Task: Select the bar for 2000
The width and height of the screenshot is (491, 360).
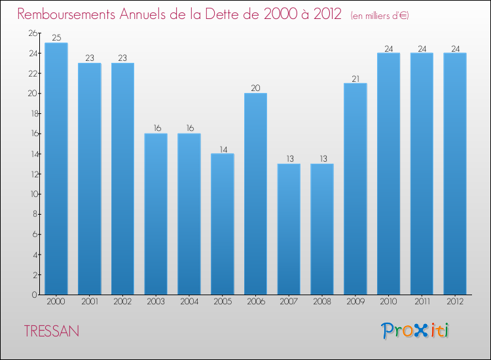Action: point(56,169)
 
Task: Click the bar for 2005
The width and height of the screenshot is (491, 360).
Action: point(223,224)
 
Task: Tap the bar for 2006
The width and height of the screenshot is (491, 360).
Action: point(255,194)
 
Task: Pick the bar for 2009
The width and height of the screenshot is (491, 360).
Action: point(355,189)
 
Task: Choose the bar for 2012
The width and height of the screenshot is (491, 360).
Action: point(454,173)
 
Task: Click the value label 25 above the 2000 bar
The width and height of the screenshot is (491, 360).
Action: point(56,38)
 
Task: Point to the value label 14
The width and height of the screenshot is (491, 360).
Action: point(223,149)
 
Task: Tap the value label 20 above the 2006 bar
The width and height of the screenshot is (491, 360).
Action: point(255,88)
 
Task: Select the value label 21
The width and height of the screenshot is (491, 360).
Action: point(355,79)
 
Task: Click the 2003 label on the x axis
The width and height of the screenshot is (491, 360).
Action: point(156,302)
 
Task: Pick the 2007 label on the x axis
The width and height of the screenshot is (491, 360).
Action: point(289,302)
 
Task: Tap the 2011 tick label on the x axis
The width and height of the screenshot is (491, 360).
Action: point(422,302)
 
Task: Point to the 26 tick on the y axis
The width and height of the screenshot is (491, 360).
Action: point(33,33)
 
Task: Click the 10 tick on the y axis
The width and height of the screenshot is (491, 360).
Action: point(33,194)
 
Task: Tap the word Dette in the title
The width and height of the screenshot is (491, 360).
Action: point(230,14)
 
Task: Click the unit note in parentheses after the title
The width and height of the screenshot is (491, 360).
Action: point(380,15)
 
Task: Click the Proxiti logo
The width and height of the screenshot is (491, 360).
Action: point(415,331)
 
